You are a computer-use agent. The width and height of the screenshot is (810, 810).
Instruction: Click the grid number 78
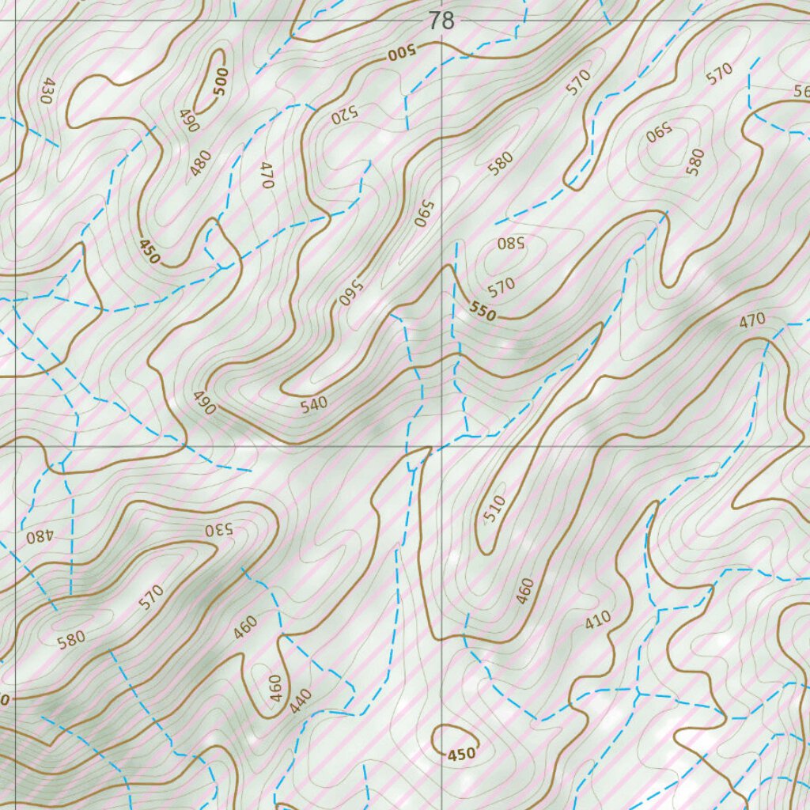tap(441, 21)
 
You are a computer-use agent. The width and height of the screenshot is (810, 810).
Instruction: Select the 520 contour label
tap(345, 115)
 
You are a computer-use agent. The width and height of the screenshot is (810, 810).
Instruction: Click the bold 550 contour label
tap(482, 312)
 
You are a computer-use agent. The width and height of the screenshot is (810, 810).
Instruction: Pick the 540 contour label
tap(314, 405)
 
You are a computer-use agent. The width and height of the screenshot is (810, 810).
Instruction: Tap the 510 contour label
tap(494, 510)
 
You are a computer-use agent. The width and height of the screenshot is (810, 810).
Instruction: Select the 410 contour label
tap(598, 621)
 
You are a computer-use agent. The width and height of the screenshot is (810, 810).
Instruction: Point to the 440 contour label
tap(301, 702)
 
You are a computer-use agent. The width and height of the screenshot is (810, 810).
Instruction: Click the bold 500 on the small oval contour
tap(220, 81)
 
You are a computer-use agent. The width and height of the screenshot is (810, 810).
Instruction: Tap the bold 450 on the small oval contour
tap(462, 754)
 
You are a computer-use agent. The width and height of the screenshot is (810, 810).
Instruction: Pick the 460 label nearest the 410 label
tap(525, 591)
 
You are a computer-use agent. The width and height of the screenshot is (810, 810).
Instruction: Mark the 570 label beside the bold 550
tap(502, 284)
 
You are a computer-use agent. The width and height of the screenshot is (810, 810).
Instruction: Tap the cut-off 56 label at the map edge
tap(801, 91)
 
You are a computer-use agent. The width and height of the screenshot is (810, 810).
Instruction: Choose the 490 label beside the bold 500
tap(188, 120)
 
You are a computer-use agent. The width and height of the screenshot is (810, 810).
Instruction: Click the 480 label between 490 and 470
tap(202, 162)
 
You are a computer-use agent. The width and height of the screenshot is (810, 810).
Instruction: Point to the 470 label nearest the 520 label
tap(267, 174)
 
